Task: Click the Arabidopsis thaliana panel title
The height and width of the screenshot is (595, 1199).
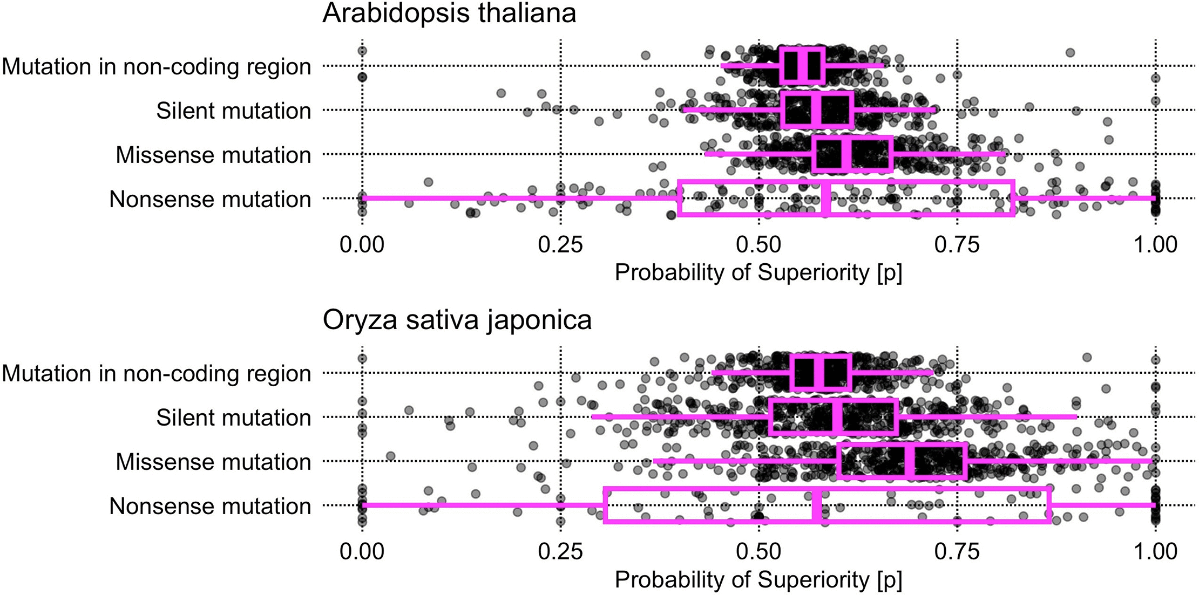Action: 449,13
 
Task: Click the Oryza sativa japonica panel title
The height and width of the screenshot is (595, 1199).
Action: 457,320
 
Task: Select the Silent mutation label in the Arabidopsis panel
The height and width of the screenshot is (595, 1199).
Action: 234,111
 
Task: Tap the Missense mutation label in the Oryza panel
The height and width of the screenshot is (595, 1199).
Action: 213,462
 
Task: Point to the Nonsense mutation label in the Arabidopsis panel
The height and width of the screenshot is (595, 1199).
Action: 210,199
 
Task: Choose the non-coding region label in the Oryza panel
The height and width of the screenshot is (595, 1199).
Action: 157,373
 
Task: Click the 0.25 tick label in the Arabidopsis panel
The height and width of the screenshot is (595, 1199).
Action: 560,245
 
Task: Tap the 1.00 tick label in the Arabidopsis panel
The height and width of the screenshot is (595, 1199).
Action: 1155,245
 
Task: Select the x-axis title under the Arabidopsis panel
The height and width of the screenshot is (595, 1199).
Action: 758,273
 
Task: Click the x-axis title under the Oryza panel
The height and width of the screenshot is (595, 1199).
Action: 758,580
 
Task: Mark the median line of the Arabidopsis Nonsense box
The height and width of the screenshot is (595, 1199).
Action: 825,199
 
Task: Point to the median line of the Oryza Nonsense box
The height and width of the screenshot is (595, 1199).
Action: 817,505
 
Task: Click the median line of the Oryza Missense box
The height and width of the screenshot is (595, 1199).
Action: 910,461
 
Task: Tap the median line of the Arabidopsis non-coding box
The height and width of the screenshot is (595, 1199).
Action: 802,66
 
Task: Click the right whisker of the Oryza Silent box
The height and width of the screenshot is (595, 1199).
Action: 987,417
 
